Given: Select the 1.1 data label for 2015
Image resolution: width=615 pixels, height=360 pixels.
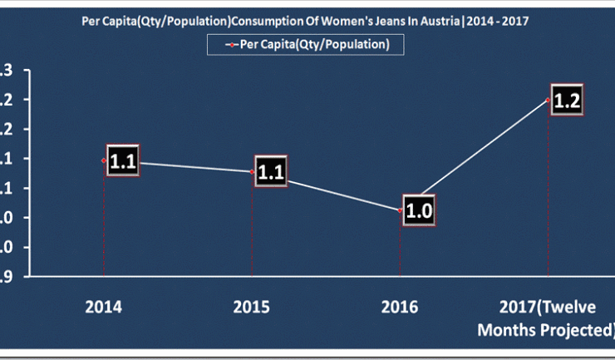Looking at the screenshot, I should point(271,173).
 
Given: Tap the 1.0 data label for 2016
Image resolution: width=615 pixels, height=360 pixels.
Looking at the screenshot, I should point(419,210).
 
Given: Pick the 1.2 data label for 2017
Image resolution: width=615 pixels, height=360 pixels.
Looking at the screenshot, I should point(566,101).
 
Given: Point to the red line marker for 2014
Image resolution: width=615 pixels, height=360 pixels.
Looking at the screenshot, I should point(104,160).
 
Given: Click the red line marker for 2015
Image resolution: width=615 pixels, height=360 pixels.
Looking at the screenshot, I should point(252,172).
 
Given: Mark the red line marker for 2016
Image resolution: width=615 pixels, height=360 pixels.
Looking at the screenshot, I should point(401,210).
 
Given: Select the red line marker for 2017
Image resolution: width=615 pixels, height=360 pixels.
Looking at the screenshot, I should point(549,100).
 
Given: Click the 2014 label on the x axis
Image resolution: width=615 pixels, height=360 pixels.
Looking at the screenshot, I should point(104,307).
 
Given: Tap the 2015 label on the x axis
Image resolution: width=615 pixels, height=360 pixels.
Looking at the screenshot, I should point(252,307).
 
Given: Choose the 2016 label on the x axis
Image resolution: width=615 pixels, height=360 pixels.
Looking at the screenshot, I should point(400,307).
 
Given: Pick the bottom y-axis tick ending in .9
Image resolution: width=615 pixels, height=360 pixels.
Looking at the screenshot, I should point(6,276).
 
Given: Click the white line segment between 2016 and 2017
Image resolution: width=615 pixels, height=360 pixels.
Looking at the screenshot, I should point(475,155).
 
